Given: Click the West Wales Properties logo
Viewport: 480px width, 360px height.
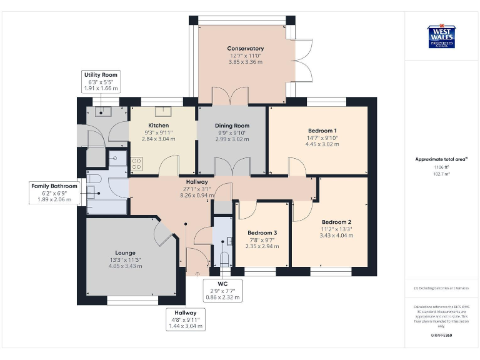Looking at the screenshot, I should pos(441,36).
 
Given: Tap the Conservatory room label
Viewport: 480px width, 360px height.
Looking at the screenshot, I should pos(246,55).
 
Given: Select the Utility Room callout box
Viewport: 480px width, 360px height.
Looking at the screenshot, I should pos(101,82).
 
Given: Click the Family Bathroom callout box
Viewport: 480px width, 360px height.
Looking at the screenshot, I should pos(56,193).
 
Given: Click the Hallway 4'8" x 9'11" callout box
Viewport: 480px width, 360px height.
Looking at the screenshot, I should pos(186,319).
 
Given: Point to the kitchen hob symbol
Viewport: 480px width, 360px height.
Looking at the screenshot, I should pos(136,164).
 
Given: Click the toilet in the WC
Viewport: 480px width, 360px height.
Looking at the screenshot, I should pos(224,257).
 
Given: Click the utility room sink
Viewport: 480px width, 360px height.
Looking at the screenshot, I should pos(102,112).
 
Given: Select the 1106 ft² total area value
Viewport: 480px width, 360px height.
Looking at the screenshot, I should pos(441,167).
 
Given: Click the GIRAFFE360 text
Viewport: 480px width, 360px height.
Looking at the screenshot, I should pos(441,336).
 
